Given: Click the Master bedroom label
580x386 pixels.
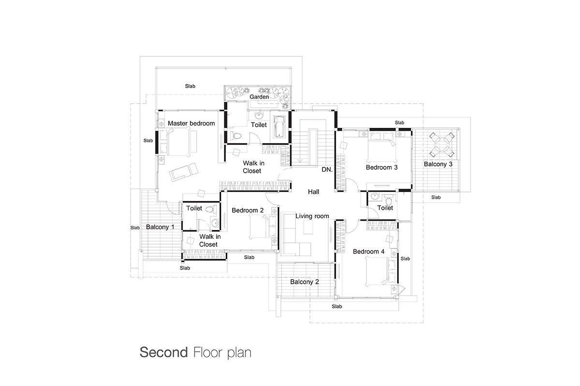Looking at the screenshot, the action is pos(191,124).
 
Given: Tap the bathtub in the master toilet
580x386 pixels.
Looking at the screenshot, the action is pos(279,126).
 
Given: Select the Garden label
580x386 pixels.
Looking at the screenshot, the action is pos(259,96).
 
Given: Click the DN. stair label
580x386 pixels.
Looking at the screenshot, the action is pos(327,170).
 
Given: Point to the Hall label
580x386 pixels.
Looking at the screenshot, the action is pos(313,192).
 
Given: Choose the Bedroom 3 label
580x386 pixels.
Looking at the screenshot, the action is pos(381,167).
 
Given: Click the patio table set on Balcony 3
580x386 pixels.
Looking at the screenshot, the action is pos(442,145).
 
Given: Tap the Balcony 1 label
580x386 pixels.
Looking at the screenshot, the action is pos(160,227).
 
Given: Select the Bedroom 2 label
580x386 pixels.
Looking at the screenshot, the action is pos(247,210).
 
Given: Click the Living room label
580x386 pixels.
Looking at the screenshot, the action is pos(312,216).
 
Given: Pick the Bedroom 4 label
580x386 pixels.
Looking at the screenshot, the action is pos(368,251).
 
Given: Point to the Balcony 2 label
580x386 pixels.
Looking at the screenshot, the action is pos(304,282).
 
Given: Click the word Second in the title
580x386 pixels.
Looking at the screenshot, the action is pos(164,352).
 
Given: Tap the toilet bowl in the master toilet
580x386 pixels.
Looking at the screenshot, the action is pos(236,136).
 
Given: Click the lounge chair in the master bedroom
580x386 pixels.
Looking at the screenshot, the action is pos(184,172).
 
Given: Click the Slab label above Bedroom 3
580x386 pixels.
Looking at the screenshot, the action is pos(399,123).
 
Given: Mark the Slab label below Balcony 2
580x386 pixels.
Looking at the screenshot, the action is pos(337,306).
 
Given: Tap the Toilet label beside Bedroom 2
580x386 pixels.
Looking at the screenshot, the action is pos(194,208).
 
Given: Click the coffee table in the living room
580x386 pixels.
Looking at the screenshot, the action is pos(308,227).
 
